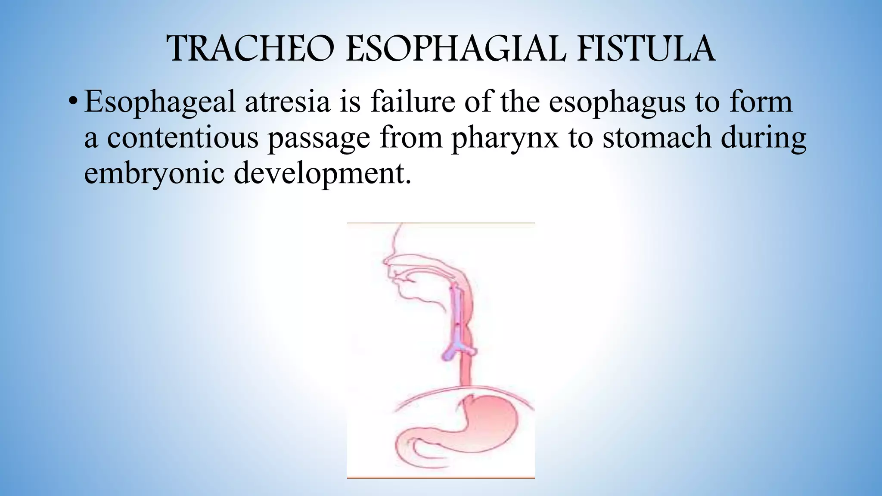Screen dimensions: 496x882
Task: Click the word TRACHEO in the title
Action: [x=250, y=49]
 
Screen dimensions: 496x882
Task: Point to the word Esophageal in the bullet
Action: [x=159, y=102]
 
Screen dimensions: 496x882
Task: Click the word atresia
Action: [x=287, y=102]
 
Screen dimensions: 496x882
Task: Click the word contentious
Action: [x=183, y=138]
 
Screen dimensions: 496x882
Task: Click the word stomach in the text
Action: [x=656, y=138]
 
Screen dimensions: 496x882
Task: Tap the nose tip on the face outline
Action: [x=385, y=261]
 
